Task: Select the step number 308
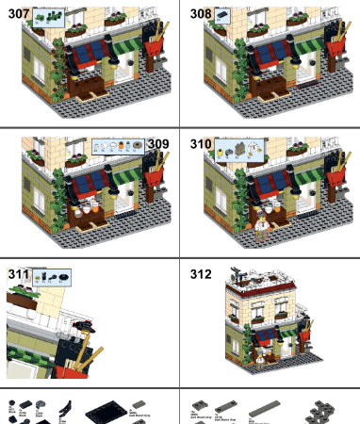(x=200, y=15)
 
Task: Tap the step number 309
(x=157, y=144)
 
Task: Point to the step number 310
(x=200, y=144)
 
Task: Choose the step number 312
(x=200, y=274)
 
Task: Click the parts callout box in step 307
(x=50, y=16)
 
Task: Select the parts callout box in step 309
(x=118, y=146)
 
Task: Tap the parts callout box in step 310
(x=241, y=148)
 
